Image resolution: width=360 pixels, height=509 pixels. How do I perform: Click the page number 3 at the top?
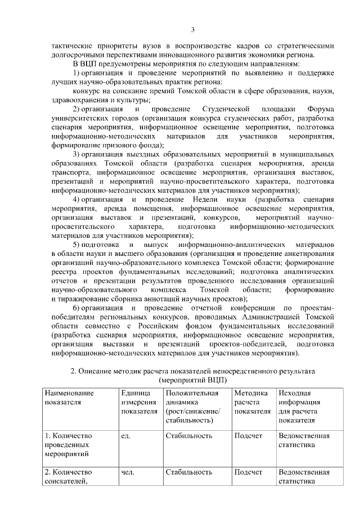click(x=192, y=30)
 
